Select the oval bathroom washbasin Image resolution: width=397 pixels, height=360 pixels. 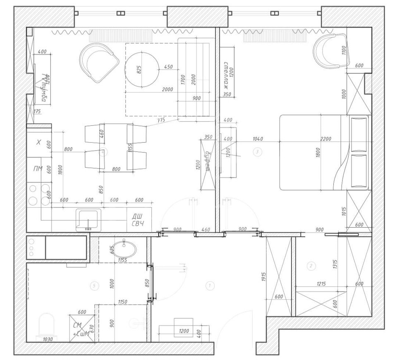tap(124, 249)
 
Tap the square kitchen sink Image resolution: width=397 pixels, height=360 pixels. tap(88, 219)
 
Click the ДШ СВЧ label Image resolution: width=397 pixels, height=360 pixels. tap(138, 221)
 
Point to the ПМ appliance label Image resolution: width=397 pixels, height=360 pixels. tap(38, 169)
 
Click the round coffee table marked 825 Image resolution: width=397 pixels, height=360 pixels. tap(142, 70)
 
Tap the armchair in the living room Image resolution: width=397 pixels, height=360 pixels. tap(98, 62)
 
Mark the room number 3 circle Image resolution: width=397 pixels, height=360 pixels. tap(257, 152)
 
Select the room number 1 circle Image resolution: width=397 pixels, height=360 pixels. tap(209, 285)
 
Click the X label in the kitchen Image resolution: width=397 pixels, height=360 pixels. tap(38, 142)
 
